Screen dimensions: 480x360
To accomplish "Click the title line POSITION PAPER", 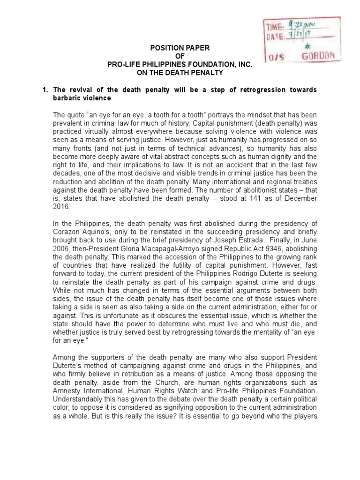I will pyautogui.click(x=177, y=47).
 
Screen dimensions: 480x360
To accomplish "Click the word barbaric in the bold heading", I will pyautogui.click(x=67, y=98).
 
